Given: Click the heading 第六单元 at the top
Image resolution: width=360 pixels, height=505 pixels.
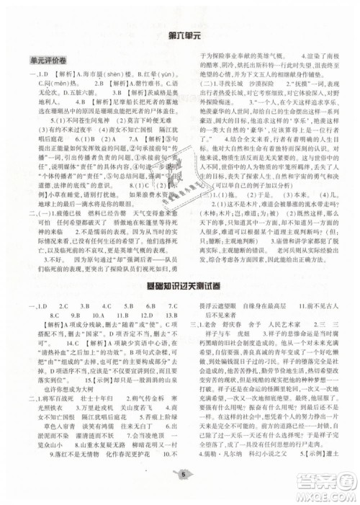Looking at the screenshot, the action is coord(181,36).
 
